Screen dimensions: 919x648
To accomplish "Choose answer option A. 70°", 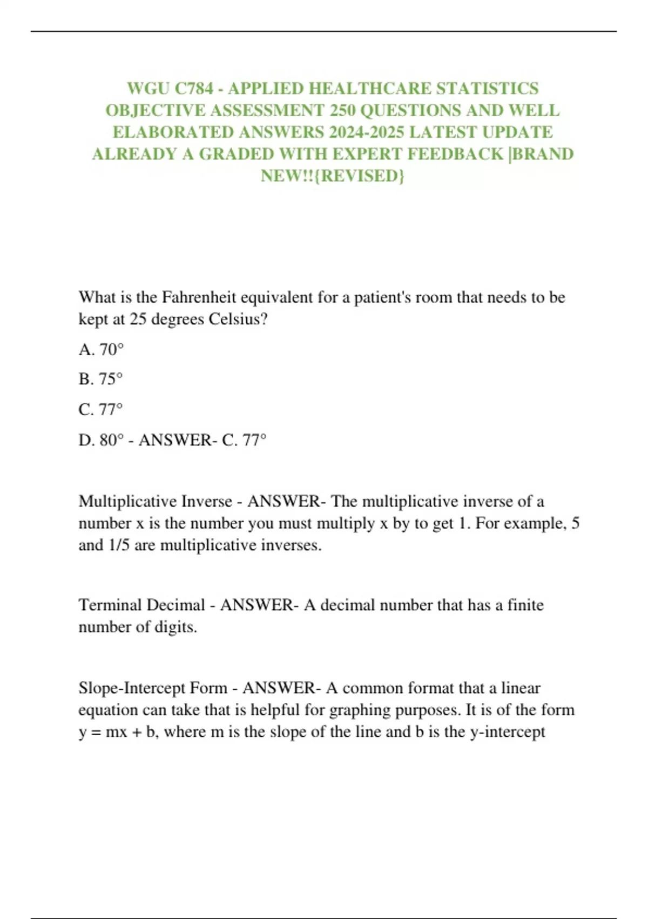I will pos(101,350).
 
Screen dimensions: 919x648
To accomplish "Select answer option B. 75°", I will pos(100,379).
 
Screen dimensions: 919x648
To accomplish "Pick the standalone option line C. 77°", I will pos(100,409).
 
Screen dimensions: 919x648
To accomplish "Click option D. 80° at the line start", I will pos(101,440).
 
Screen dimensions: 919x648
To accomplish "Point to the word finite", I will pos(525,605).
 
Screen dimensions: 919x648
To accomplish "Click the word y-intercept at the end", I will pos(508,732).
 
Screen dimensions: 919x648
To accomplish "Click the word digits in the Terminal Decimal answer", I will pos(175,627).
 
